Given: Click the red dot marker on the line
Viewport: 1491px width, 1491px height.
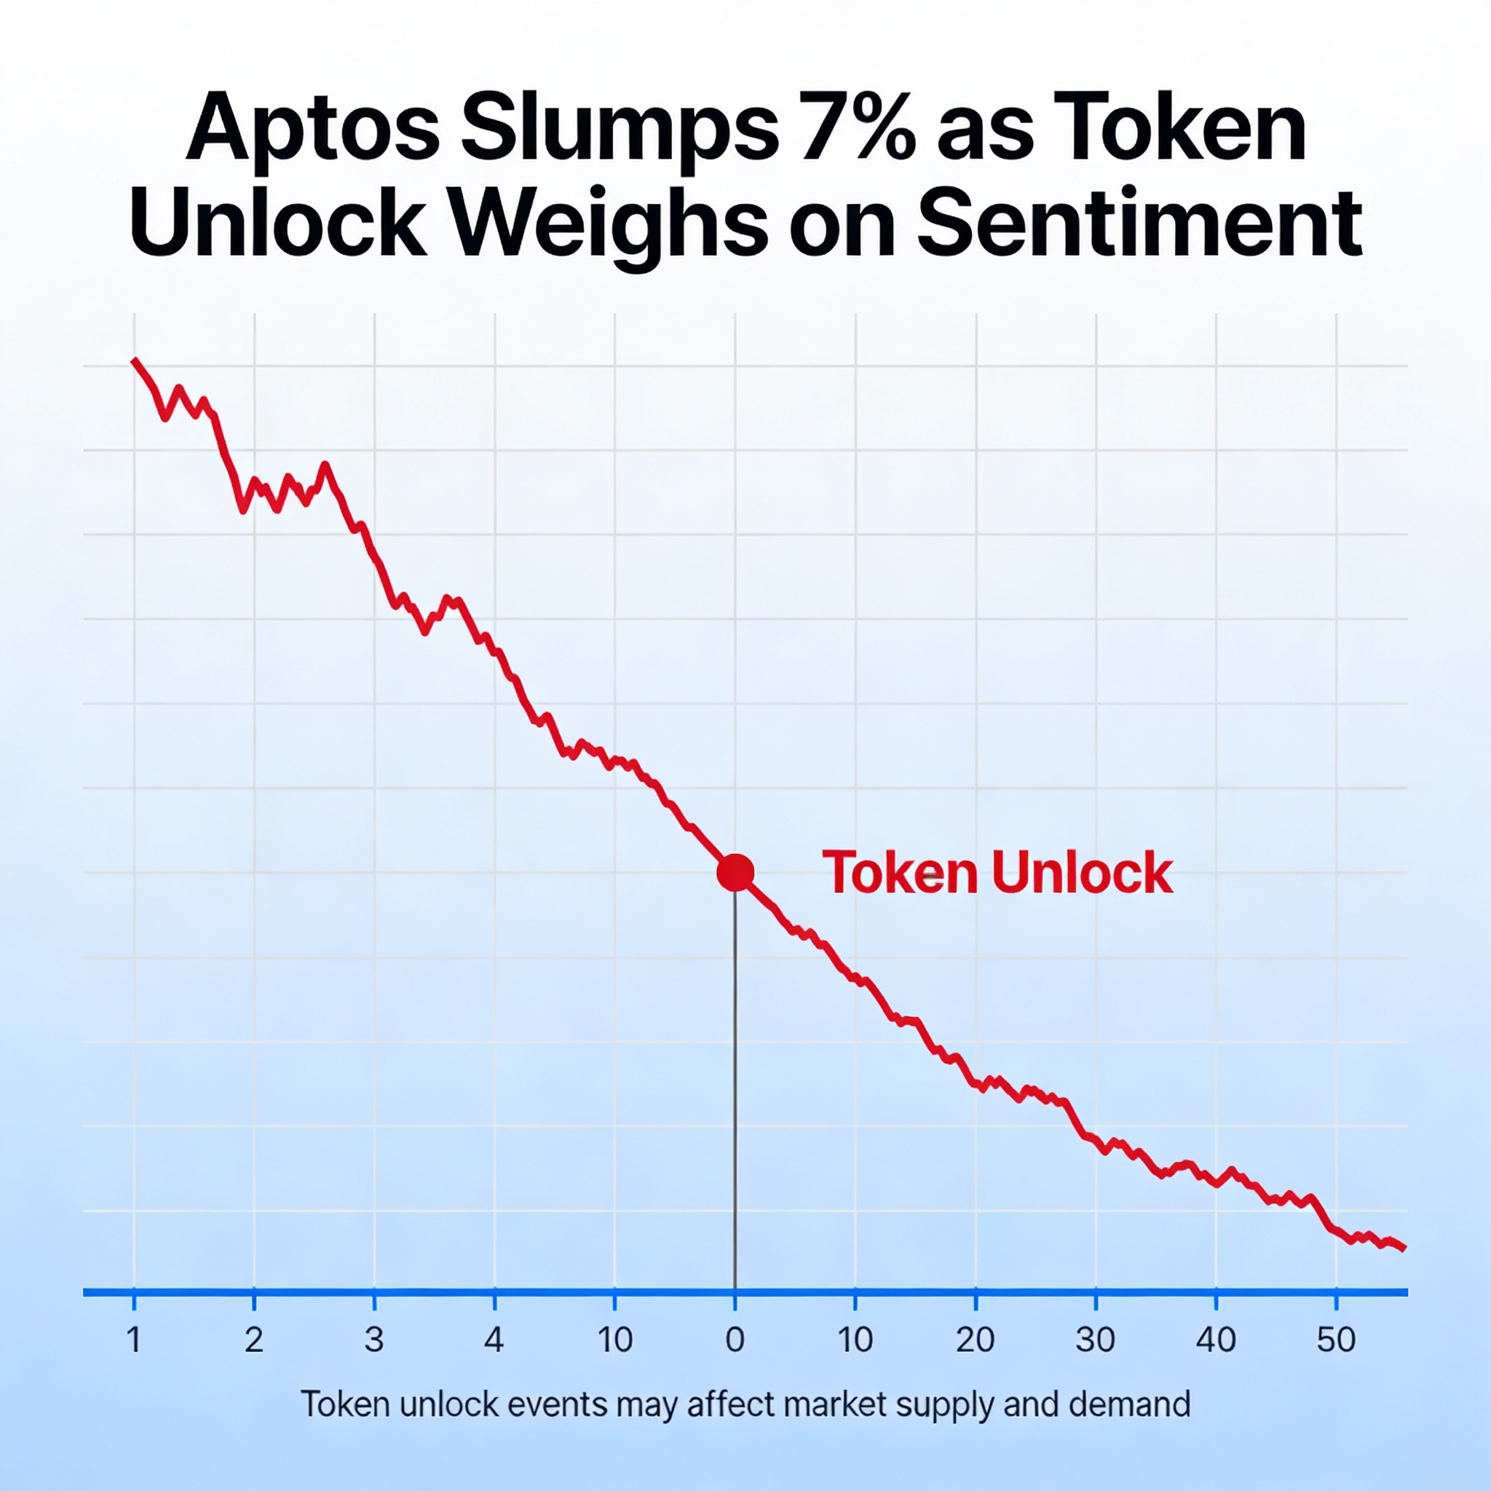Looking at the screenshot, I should click(735, 873).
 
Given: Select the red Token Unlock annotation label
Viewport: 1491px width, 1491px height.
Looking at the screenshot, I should click(997, 873).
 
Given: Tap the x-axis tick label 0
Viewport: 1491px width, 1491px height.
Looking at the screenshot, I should click(735, 1340).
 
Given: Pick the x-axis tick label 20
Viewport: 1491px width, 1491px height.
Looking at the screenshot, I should click(975, 1340).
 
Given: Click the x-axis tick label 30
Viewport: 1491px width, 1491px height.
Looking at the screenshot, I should click(1095, 1340).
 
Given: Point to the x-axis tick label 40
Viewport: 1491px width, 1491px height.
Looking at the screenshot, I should click(1216, 1340).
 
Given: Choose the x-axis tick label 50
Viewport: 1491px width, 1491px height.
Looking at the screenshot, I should click(1336, 1340).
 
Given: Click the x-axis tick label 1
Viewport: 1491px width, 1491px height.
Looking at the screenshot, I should click(134, 1340).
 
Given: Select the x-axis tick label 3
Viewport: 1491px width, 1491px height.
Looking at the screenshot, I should click(374, 1340).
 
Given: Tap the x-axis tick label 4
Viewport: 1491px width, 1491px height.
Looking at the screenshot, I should click(494, 1340).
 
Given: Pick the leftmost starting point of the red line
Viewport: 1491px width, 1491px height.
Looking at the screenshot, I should click(134, 360).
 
